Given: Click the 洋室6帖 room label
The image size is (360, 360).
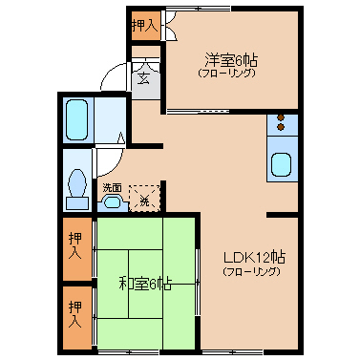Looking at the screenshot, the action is point(231,60).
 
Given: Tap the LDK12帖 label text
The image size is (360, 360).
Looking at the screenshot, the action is point(254,257).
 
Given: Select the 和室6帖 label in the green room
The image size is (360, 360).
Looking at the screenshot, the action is point(145,284).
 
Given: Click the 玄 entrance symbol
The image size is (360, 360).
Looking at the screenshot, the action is point(143,77).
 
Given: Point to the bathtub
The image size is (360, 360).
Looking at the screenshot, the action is point(76,119).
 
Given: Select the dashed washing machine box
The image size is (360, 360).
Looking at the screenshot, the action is point(144,199).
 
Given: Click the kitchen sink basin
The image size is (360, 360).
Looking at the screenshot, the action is point(281,164).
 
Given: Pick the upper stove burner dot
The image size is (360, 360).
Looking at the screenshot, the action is point(281,117).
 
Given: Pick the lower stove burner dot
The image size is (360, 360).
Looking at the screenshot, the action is point(281,127).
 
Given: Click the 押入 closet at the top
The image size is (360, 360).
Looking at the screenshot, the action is point(146,26).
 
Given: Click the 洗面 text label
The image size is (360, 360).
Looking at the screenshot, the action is point(112,187).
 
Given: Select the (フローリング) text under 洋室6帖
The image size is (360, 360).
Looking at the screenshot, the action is point(227,74).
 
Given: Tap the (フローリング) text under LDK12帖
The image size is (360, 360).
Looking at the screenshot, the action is point(251,272).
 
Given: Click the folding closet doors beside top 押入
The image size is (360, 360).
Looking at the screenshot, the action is point(169,26).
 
